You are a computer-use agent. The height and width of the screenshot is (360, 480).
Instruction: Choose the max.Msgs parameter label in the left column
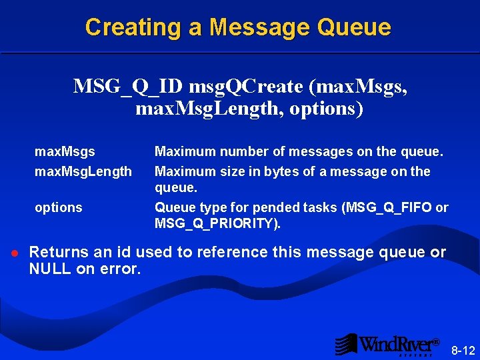(65, 153)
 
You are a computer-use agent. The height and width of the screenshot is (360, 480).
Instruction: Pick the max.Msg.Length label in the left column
(83, 171)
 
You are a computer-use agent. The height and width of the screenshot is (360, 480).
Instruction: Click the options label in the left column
(59, 207)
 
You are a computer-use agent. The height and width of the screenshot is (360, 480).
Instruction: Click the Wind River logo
(387, 344)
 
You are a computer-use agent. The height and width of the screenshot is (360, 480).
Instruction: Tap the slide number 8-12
(463, 350)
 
